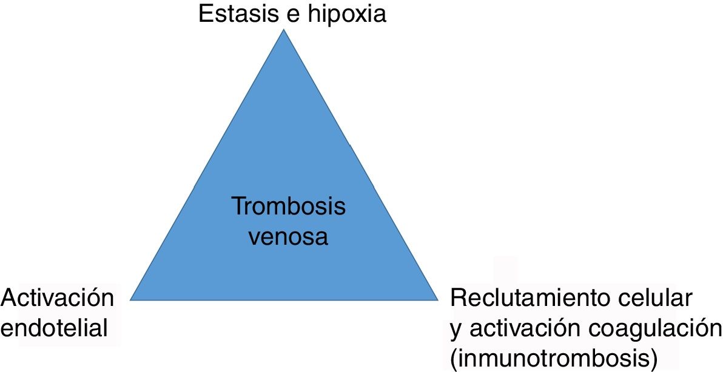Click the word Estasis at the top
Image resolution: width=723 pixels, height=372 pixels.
pos(238,14)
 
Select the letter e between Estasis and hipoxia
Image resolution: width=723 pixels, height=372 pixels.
pos(290,15)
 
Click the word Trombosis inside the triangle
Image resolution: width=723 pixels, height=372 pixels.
pos(289,207)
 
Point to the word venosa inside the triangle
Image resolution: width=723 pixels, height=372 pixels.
pos(289,236)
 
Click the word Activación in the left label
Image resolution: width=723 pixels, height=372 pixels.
pos(58,299)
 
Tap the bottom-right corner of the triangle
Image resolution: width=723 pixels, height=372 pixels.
pos(437,299)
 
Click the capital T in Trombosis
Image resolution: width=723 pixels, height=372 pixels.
pos(238,207)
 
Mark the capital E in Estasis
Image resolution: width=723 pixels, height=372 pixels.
pos(206,14)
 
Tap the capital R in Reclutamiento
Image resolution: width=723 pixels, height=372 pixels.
pos(459,299)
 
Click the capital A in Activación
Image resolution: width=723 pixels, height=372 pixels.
pos(10,299)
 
